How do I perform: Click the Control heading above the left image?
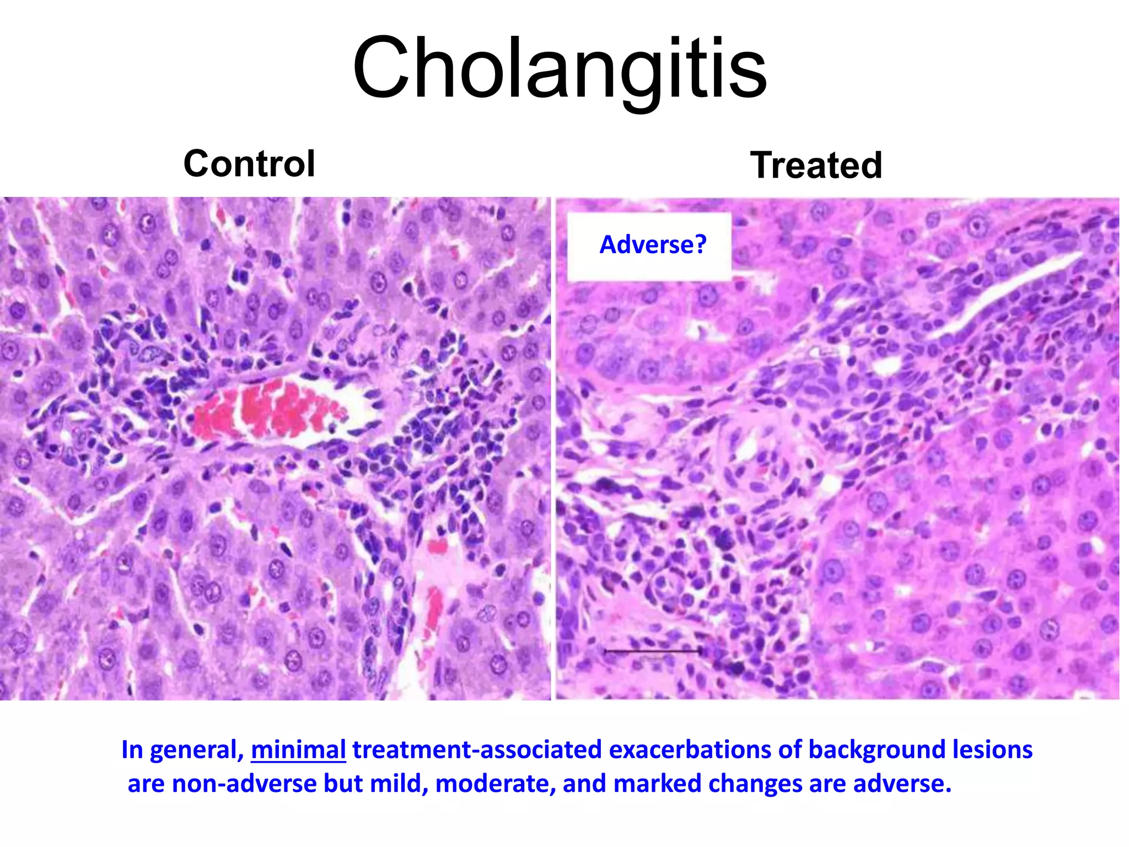(x=249, y=164)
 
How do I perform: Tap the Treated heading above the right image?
(x=816, y=165)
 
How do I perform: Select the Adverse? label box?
(x=650, y=245)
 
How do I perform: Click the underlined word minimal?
(x=298, y=750)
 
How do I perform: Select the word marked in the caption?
(x=653, y=784)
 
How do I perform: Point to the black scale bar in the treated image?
(x=652, y=651)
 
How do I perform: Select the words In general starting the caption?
(x=182, y=750)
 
